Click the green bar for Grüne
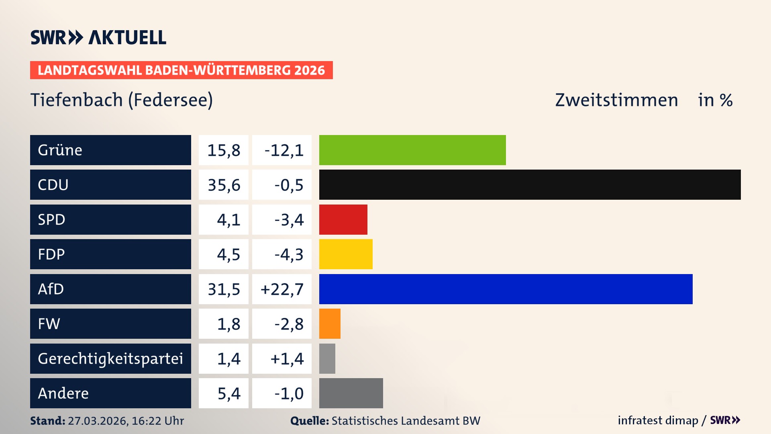pyautogui.click(x=412, y=150)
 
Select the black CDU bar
pyautogui.click(x=530, y=185)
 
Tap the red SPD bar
pyautogui.click(x=343, y=219)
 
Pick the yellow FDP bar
pyautogui.click(x=346, y=254)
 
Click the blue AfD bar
pyautogui.click(x=506, y=289)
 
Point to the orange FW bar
pyautogui.click(x=330, y=323)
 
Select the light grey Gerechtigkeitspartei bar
pyautogui.click(x=327, y=358)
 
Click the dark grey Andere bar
pyautogui.click(x=351, y=393)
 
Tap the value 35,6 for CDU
pyautogui.click(x=224, y=185)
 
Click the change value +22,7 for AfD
pyautogui.click(x=282, y=289)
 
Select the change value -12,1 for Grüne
pyautogui.click(x=284, y=150)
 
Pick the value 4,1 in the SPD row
pyautogui.click(x=228, y=219)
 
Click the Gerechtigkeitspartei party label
pyautogui.click(x=110, y=358)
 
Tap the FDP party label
pyautogui.click(x=51, y=254)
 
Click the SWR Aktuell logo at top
pyautogui.click(x=98, y=37)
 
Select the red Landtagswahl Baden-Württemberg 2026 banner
pyautogui.click(x=181, y=70)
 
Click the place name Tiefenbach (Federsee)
pyautogui.click(x=122, y=100)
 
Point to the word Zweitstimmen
pyautogui.click(x=616, y=100)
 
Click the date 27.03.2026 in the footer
pyautogui.click(x=98, y=421)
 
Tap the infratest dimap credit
pyautogui.click(x=658, y=420)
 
